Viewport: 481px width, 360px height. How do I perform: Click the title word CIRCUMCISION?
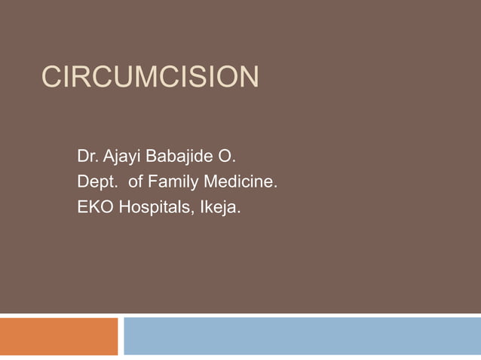150,77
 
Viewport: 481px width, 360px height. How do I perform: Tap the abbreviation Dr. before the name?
87,158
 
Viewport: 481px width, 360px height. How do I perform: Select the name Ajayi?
121,158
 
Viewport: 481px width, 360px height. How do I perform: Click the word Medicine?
242,182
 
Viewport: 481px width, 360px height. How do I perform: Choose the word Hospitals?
151,205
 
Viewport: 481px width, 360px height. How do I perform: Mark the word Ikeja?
219,205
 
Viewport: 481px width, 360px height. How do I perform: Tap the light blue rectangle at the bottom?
302,336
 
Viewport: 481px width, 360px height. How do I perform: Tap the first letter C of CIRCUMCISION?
51,77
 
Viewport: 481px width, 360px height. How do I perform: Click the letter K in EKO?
93,205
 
